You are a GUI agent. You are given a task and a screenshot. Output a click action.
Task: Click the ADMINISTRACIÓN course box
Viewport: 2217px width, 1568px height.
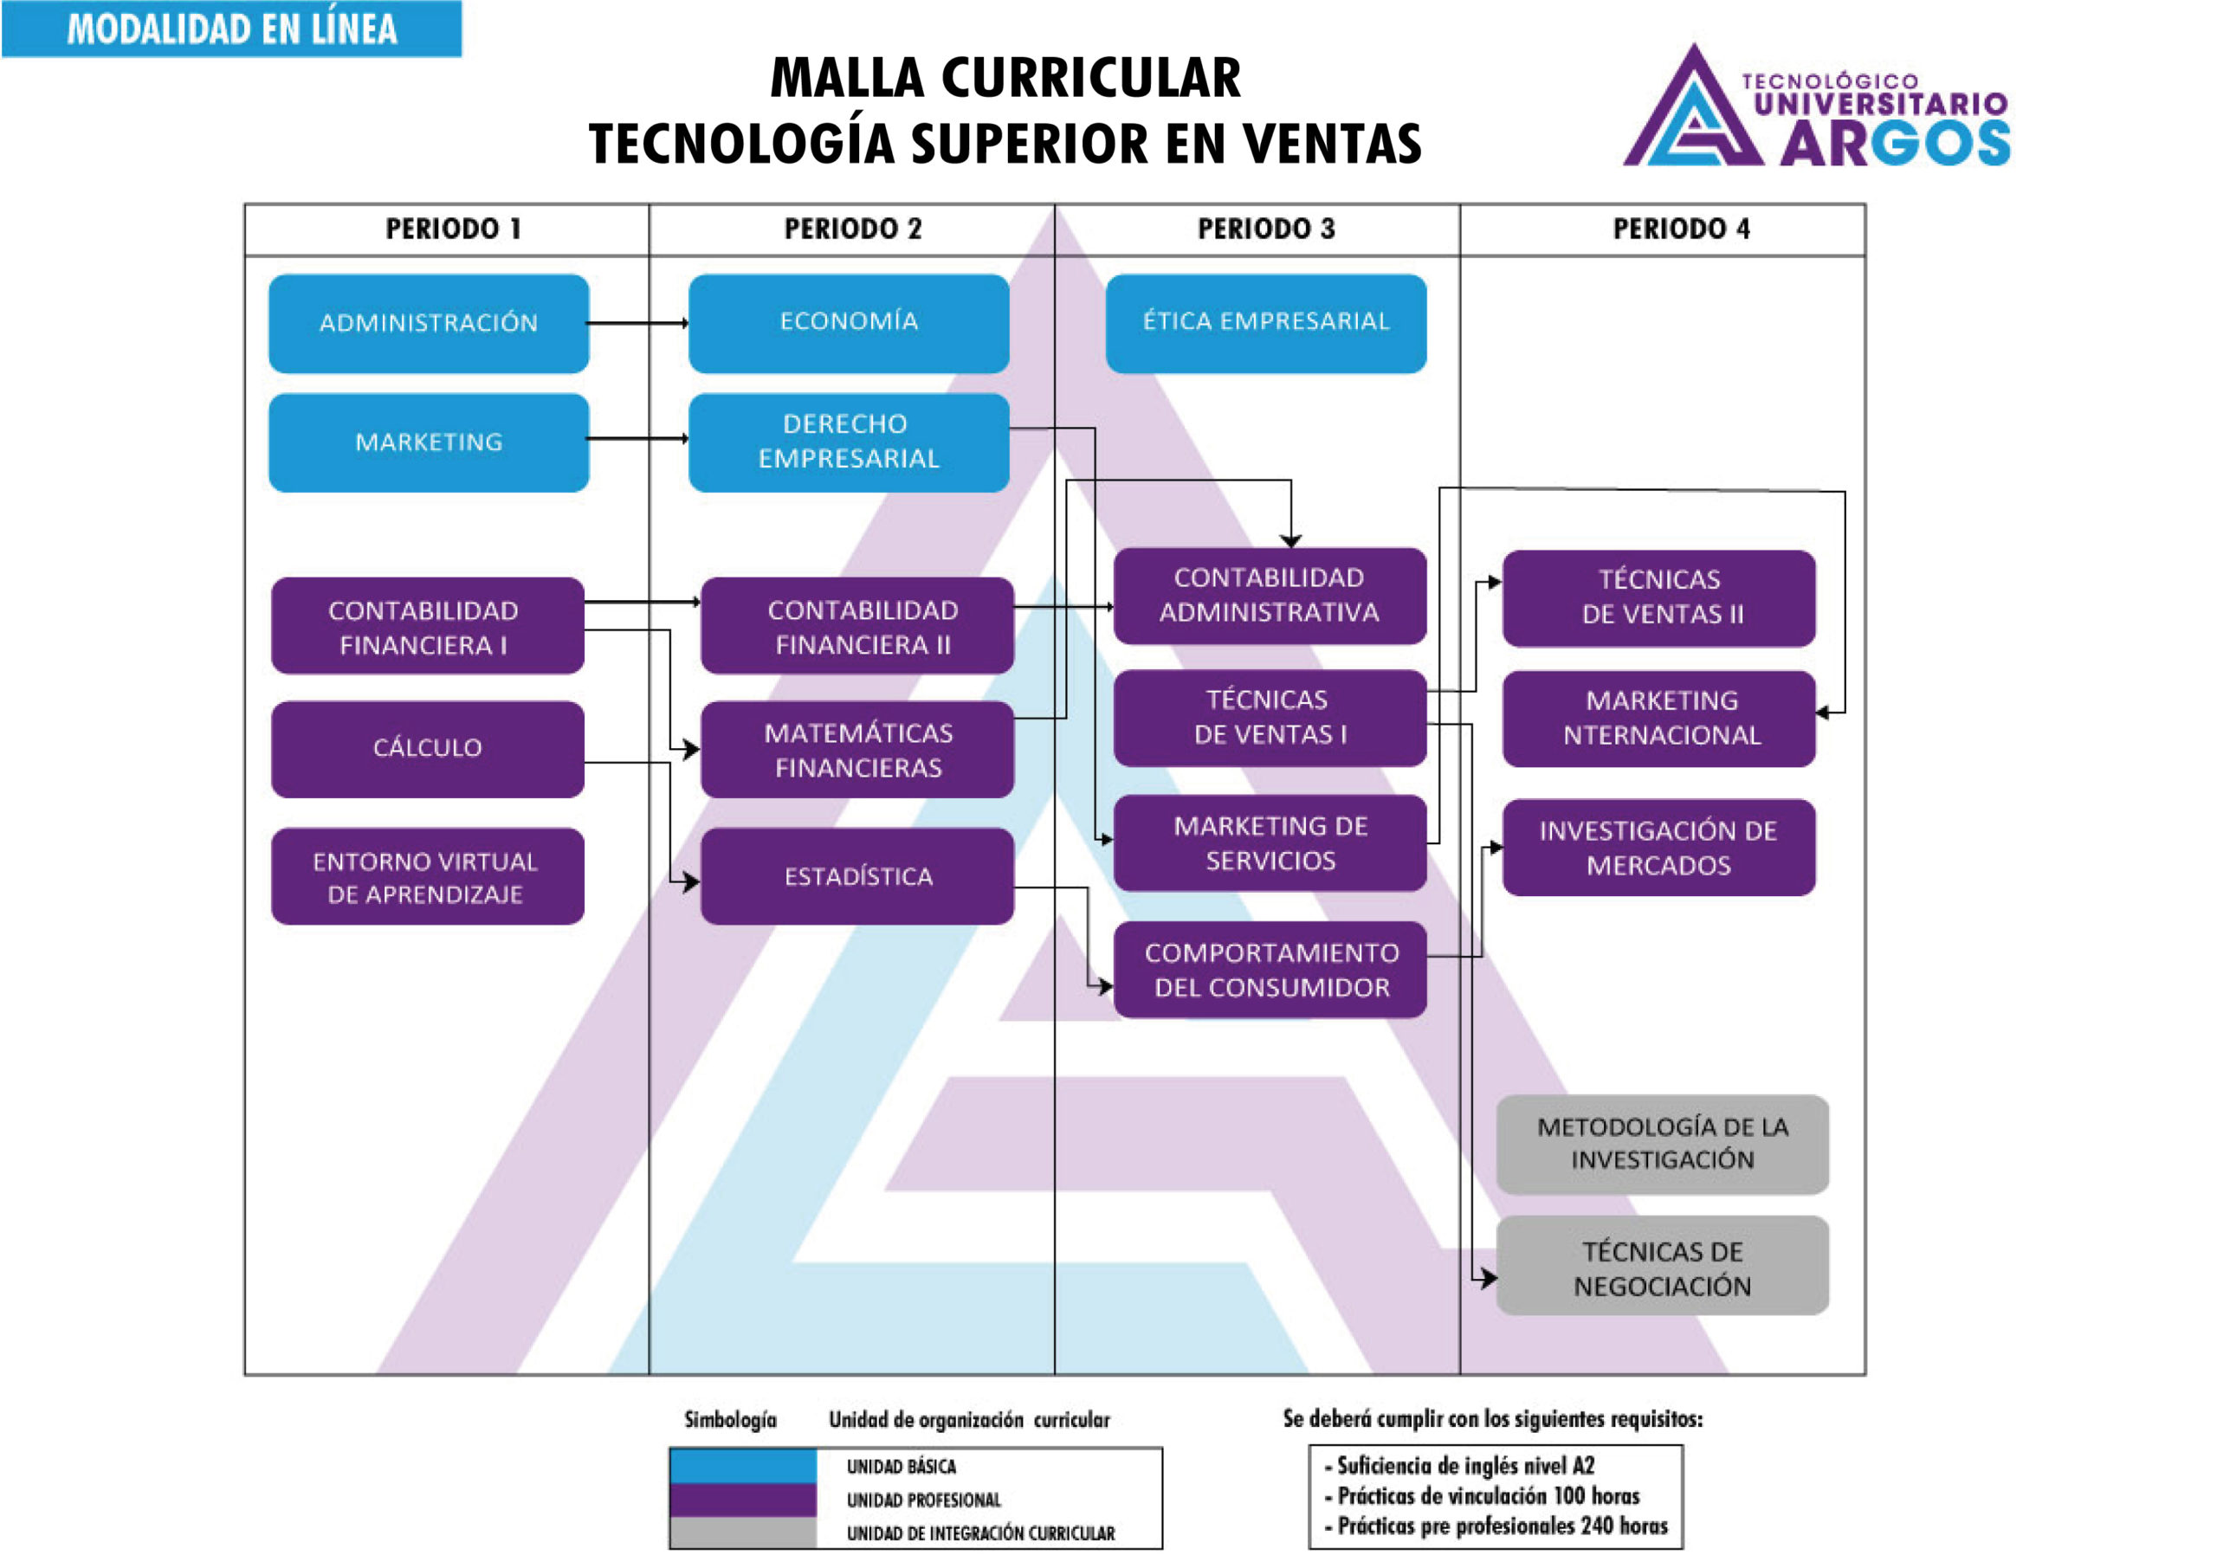point(429,324)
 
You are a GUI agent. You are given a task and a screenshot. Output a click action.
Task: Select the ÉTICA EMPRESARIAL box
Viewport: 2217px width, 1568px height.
point(1265,324)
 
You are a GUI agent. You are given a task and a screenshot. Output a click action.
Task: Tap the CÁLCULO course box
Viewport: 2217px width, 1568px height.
point(427,748)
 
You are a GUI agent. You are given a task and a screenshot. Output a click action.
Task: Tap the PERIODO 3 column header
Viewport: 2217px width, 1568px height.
point(1266,229)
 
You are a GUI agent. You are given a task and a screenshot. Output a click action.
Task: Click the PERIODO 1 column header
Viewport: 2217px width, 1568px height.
point(453,229)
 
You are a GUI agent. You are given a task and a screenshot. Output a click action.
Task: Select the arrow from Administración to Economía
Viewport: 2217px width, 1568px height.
point(637,324)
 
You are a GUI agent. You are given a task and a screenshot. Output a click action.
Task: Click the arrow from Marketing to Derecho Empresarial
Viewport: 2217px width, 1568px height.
point(637,438)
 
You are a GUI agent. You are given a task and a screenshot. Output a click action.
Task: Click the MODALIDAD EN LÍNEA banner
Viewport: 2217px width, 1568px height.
point(232,29)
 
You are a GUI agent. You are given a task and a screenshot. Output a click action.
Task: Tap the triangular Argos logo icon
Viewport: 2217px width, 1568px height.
point(1693,111)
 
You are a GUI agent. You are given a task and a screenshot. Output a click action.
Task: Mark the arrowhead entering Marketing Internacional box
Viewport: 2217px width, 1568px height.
point(1822,713)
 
